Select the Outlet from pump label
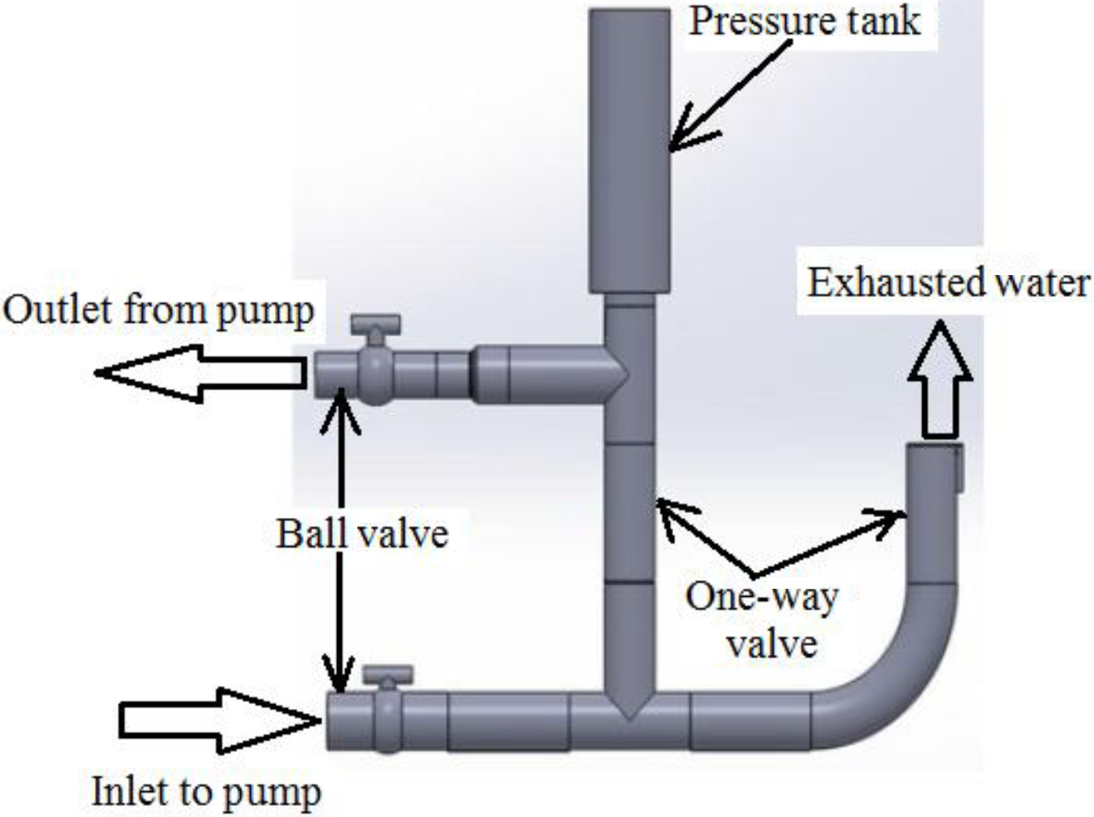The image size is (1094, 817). (158, 311)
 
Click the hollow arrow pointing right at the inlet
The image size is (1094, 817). (218, 720)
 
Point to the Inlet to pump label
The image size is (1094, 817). (206, 791)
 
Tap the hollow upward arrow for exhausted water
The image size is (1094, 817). (940, 379)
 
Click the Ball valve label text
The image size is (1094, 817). (362, 534)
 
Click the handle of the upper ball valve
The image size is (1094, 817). (376, 324)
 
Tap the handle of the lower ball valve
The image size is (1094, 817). (388, 674)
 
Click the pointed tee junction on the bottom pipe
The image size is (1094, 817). (629, 706)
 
